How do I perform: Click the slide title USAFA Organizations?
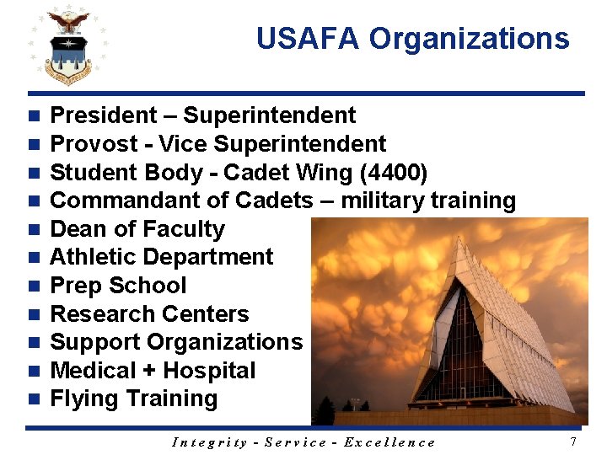pyautogui.click(x=412, y=39)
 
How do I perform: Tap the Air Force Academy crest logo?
pyautogui.click(x=67, y=46)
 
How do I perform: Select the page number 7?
pyautogui.click(x=573, y=442)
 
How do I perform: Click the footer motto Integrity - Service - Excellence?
pyautogui.click(x=303, y=442)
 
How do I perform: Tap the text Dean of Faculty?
pyautogui.click(x=137, y=229)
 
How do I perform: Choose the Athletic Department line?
pyautogui.click(x=162, y=257)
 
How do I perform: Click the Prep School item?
pyautogui.click(x=118, y=286)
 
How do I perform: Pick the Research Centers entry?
pyautogui.click(x=149, y=314)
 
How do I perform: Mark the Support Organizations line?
pyautogui.click(x=176, y=342)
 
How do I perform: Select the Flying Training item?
pyautogui.click(x=134, y=399)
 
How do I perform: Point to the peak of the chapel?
pyautogui.click(x=459, y=238)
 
